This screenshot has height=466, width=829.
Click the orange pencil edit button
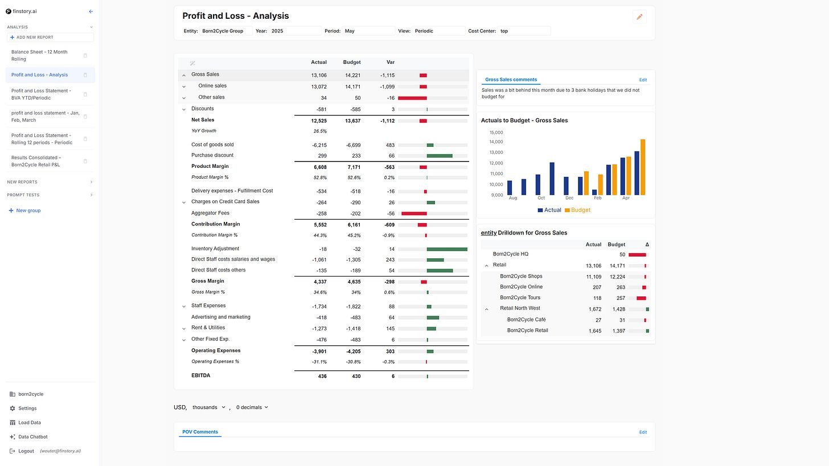click(639, 17)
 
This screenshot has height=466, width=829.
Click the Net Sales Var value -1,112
click(387, 121)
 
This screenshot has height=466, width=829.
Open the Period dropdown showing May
click(368, 31)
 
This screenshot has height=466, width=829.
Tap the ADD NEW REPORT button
click(50, 38)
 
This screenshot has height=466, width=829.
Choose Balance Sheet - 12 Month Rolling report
click(39, 55)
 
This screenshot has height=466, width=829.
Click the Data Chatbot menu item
click(32, 437)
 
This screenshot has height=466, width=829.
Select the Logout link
click(26, 451)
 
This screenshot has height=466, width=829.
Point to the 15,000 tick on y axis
click(496, 132)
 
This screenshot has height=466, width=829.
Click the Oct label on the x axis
click(541, 198)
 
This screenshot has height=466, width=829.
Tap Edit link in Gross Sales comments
click(643, 80)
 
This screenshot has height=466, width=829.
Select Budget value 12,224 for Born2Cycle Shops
click(617, 277)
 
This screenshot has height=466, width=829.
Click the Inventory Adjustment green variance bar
click(447, 249)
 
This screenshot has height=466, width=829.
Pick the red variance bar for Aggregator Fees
click(414, 213)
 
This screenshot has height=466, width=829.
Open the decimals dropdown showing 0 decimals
click(252, 407)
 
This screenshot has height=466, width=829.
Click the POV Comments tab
click(200, 432)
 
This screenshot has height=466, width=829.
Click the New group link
click(28, 211)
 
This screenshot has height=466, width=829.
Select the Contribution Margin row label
click(215, 224)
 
